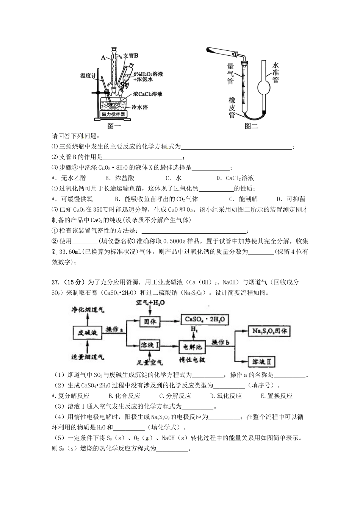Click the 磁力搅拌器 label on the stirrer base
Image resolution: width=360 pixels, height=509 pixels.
pos(113,114)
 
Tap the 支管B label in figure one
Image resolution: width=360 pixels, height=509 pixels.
pos(131,55)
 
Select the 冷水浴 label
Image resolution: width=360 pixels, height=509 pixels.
pos(140,107)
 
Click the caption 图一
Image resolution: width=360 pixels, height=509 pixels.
pos(114,126)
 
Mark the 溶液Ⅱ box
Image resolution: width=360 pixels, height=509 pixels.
pos(261,362)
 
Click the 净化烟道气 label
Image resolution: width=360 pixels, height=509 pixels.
pos(88,309)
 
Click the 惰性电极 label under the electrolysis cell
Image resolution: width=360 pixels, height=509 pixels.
pos(192,359)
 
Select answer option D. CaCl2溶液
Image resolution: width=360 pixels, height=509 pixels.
pos(235,178)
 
